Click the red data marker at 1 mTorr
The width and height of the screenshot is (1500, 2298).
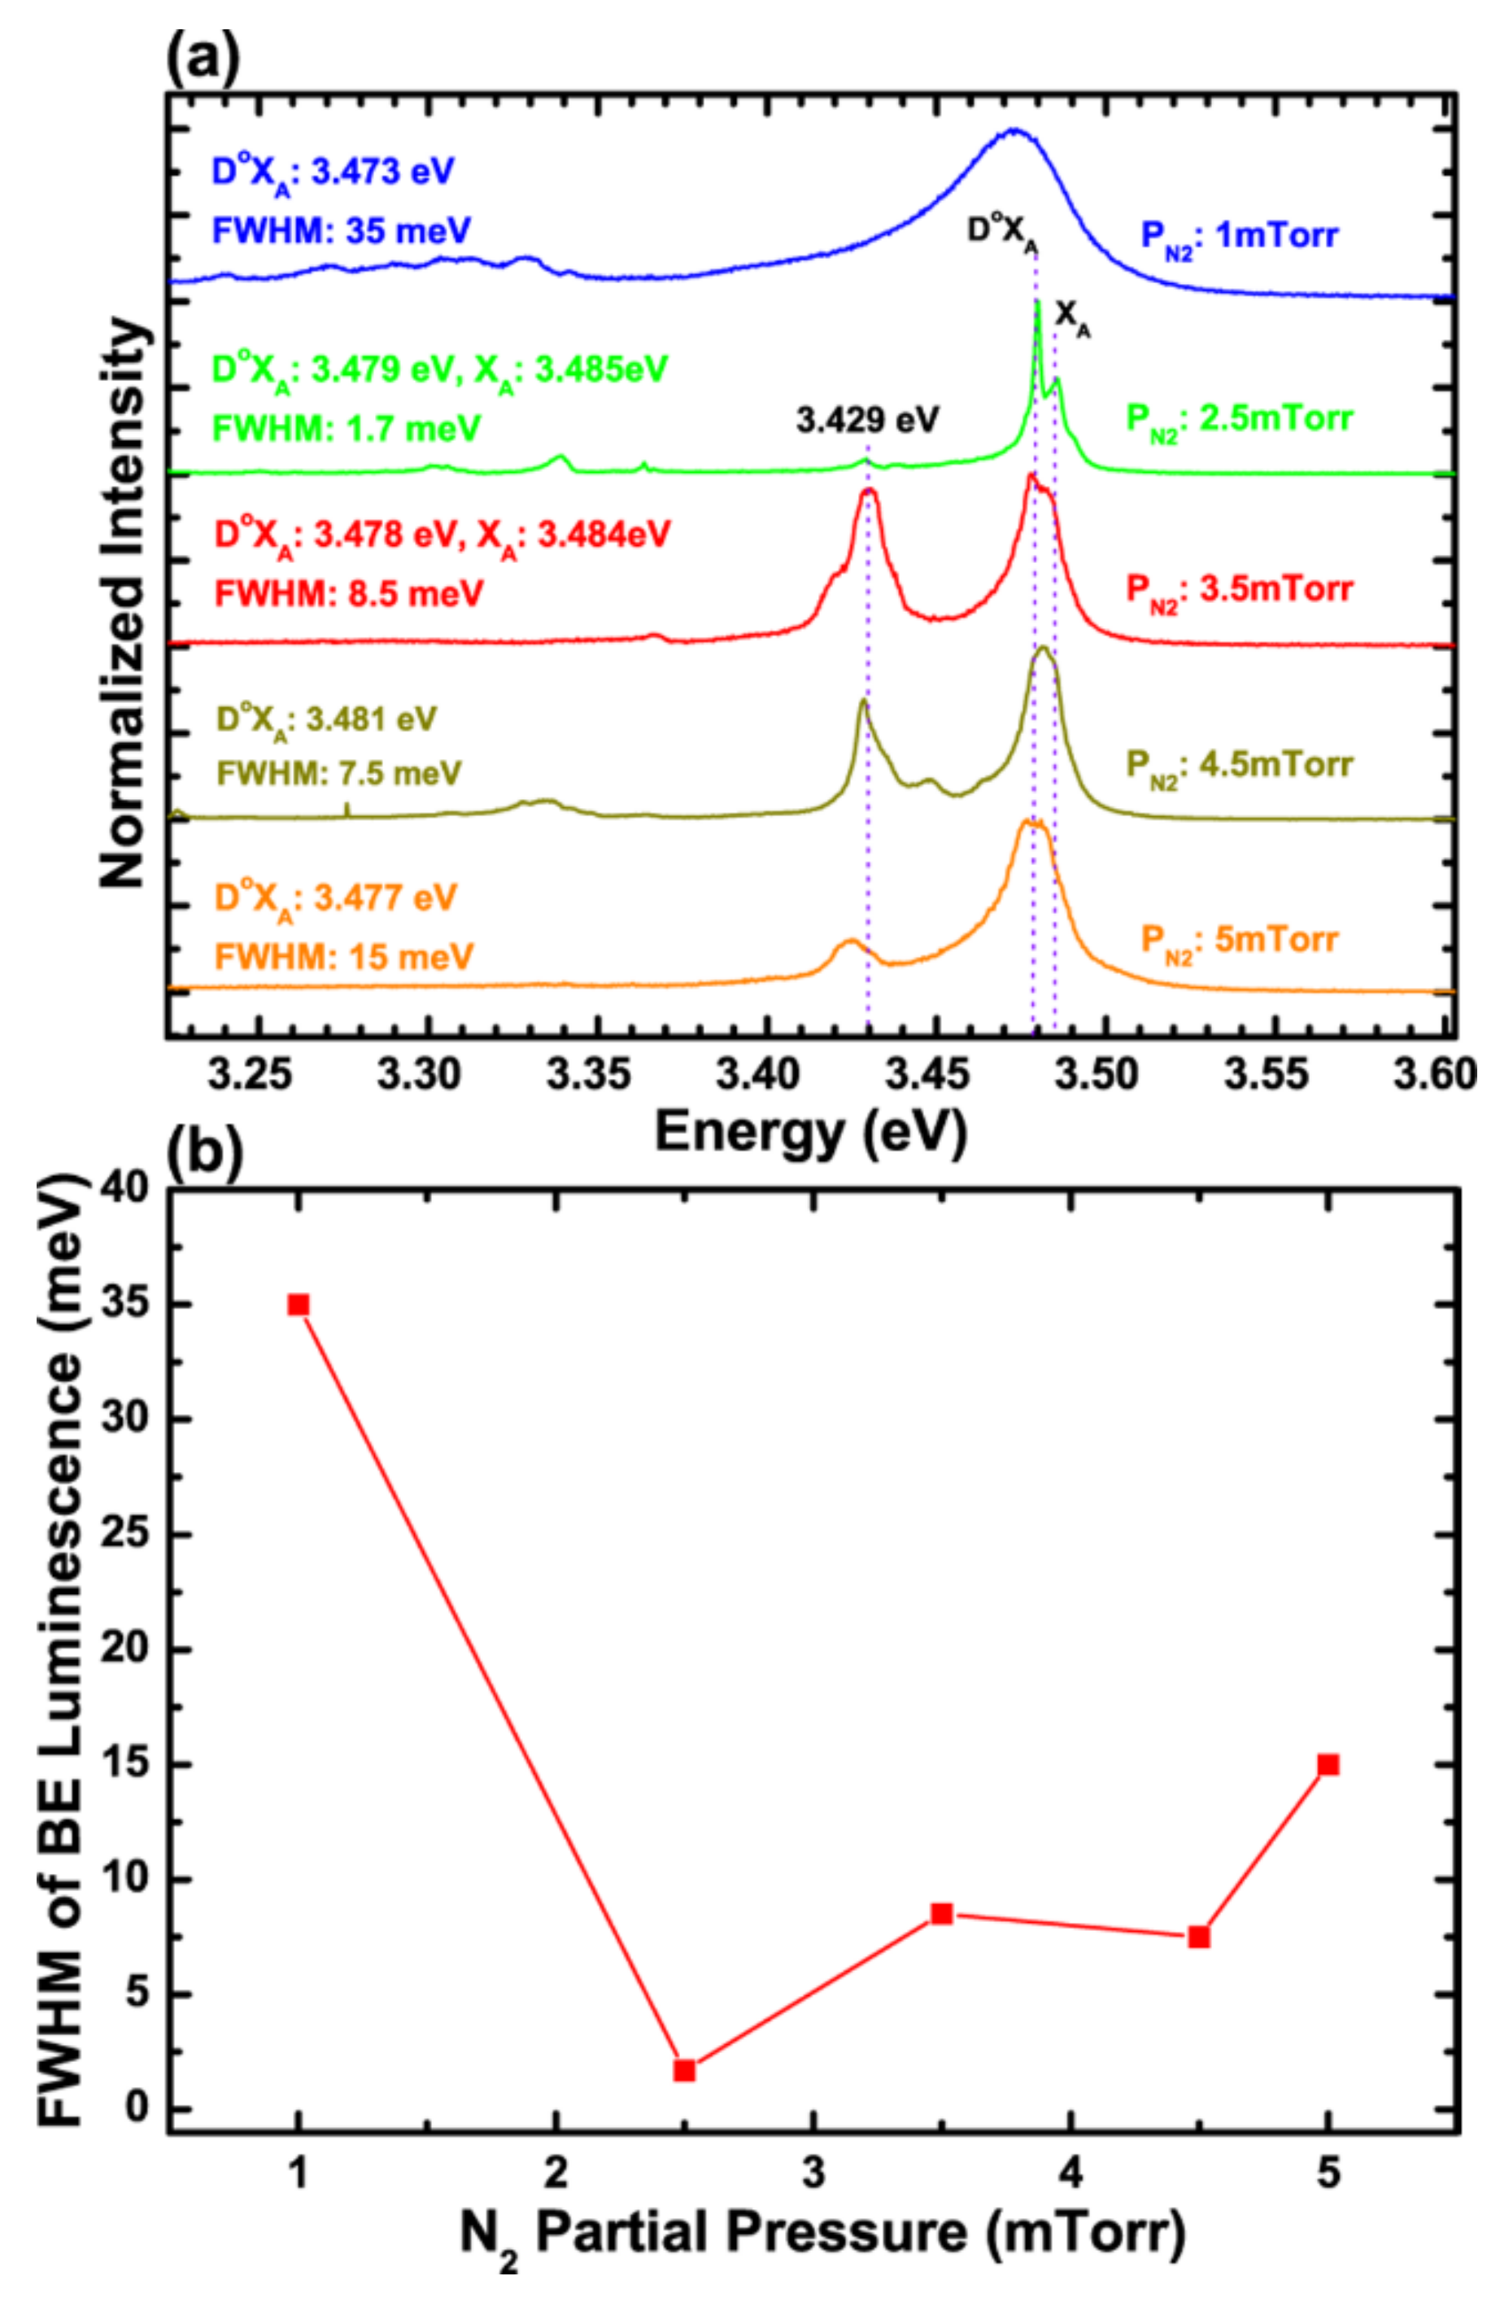pos(299,1304)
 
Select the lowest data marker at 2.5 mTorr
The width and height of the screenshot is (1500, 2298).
pos(684,2070)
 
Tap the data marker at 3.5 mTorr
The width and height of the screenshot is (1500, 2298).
pos(941,1914)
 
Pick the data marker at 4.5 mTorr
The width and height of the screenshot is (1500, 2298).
pos(1199,1937)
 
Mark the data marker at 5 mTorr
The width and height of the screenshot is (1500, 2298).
pos(1328,1764)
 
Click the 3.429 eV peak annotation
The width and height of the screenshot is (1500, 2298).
pos(867,420)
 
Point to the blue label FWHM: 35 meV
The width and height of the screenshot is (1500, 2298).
pos(342,231)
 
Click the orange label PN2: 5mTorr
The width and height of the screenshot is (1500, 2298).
pos(1240,940)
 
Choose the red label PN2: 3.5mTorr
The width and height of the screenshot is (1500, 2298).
pos(1240,589)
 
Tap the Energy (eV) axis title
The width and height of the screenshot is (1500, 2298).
pos(811,1132)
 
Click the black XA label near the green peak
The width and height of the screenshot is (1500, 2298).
pos(1072,316)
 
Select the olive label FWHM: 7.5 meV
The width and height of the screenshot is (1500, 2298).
pos(339,772)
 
